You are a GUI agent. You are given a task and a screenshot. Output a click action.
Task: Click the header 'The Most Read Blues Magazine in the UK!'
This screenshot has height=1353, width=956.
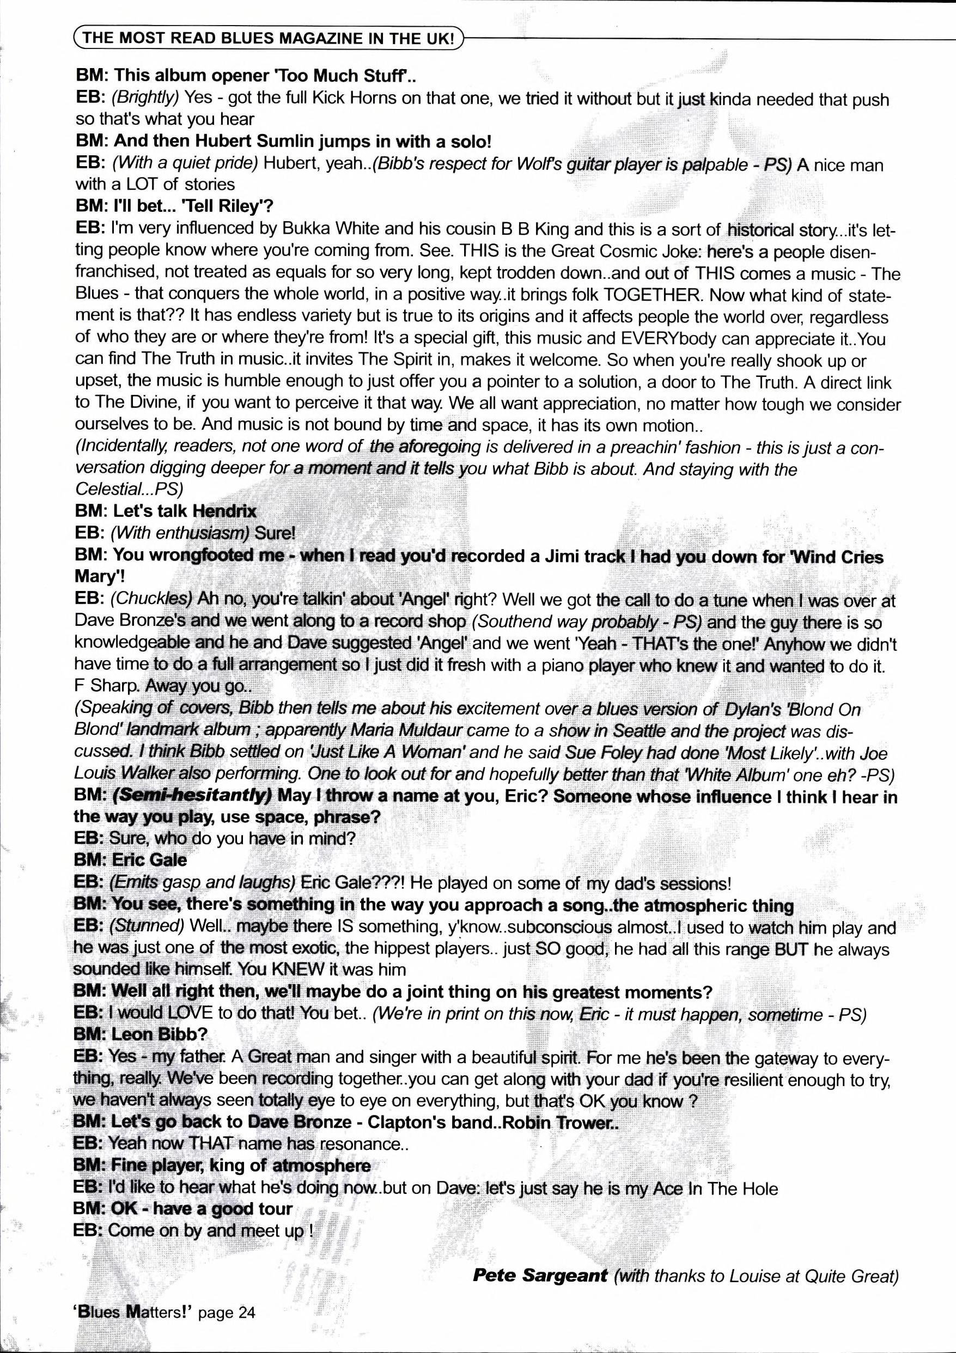(269, 39)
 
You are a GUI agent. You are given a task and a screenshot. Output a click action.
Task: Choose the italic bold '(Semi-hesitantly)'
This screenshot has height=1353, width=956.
(192, 796)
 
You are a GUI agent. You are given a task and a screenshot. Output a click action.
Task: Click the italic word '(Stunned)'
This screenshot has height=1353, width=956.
(147, 926)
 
